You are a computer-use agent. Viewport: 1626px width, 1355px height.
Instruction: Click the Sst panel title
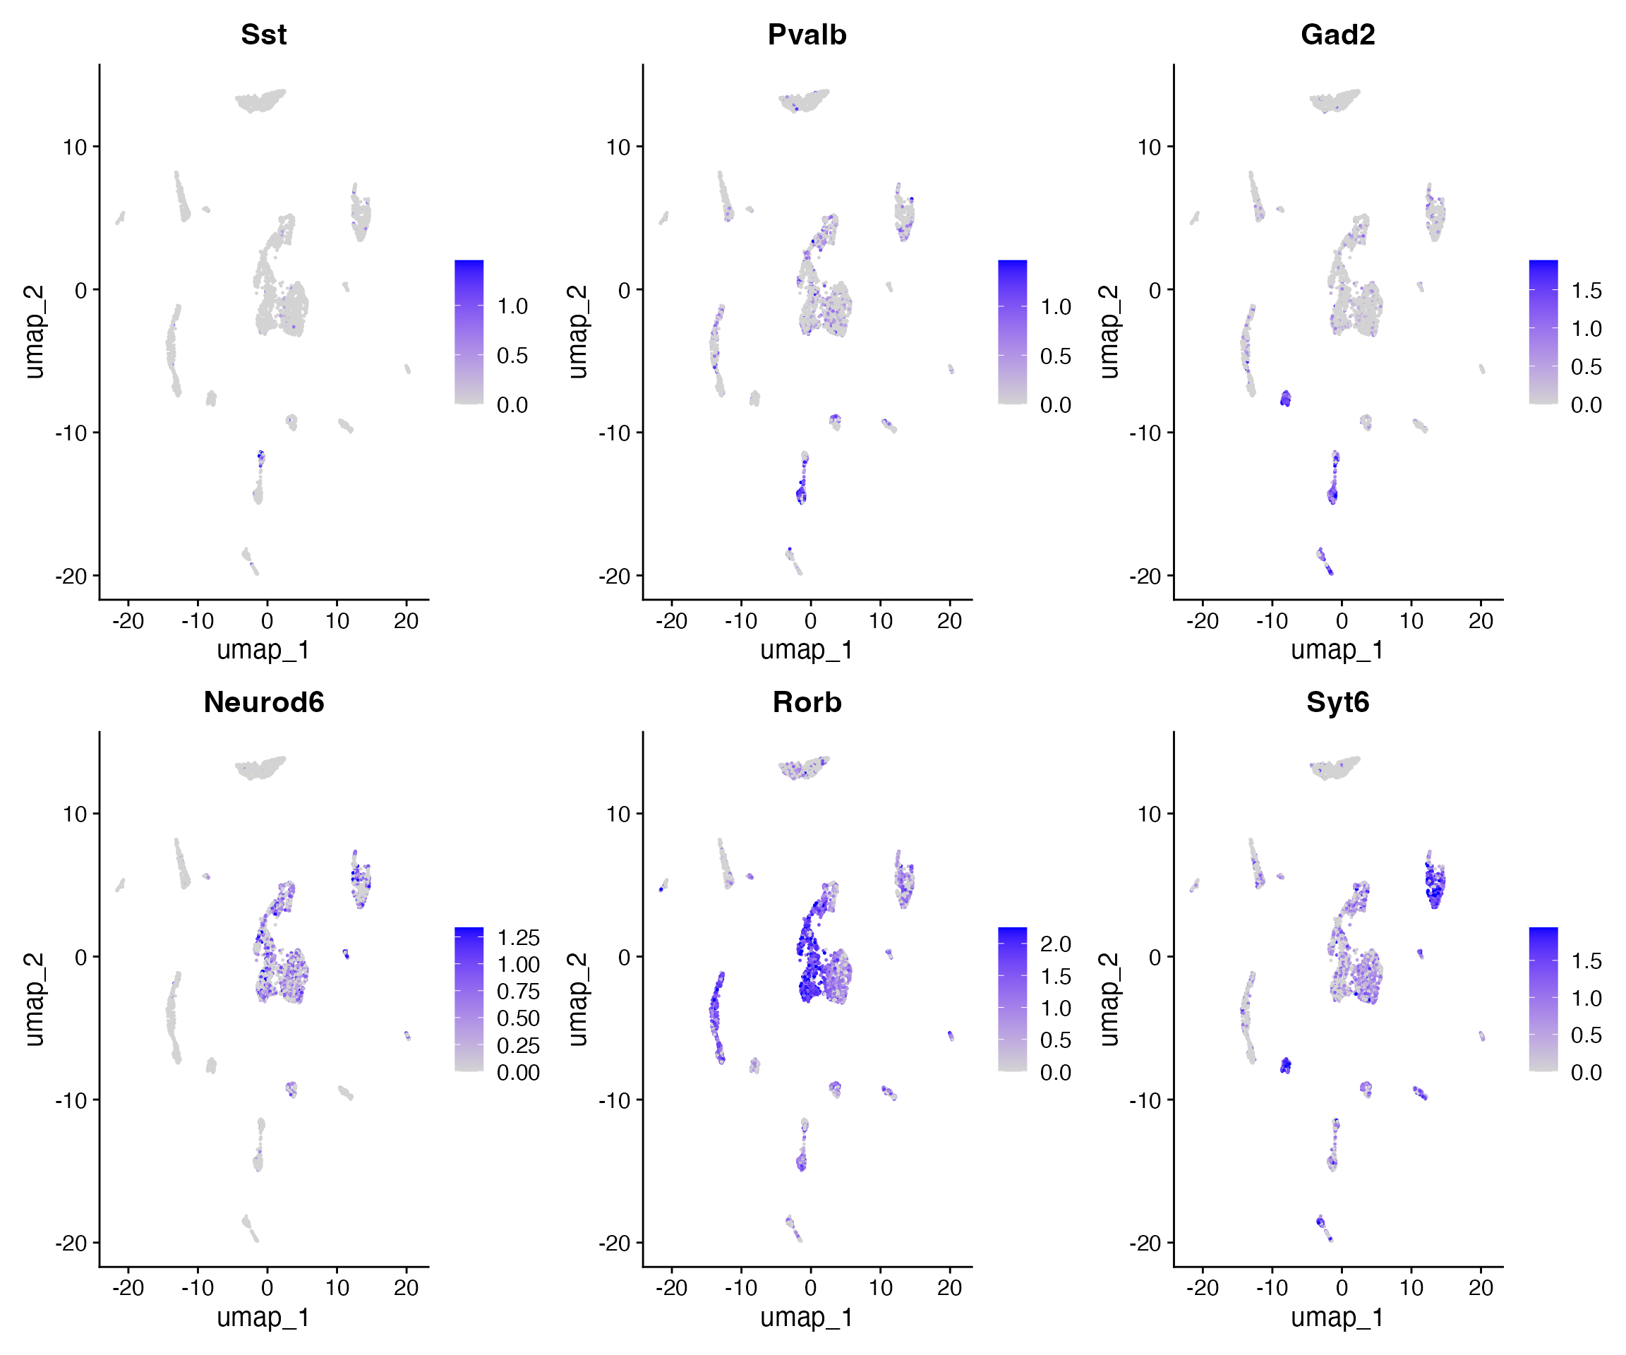[263, 35]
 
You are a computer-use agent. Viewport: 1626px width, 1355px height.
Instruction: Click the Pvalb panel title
[807, 35]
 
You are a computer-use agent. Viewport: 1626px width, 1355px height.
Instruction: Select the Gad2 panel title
[1337, 35]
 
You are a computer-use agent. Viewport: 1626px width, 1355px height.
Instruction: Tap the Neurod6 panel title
[263, 702]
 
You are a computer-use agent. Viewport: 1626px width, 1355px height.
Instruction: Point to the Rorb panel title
[807, 702]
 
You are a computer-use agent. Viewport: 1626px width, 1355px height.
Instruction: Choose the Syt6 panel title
[1337, 702]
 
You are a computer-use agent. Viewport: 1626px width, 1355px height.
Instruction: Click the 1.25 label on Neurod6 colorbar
[518, 938]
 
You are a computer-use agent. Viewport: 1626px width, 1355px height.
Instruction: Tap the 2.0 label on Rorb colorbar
[1055, 944]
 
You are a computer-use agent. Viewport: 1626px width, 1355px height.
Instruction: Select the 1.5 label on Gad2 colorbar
[1586, 291]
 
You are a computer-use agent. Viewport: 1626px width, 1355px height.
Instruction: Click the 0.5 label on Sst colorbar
[512, 356]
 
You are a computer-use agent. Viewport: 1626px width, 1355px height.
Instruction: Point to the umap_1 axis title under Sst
[263, 650]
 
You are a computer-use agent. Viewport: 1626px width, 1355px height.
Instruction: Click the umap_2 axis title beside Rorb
[577, 999]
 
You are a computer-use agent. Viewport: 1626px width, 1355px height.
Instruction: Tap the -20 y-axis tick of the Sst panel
[71, 576]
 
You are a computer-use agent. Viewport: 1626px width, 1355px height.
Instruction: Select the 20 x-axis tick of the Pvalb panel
[949, 621]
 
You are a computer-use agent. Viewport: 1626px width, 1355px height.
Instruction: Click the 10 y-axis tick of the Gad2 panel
[1149, 147]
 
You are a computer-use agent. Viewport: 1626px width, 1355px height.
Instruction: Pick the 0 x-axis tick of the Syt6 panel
[1342, 1289]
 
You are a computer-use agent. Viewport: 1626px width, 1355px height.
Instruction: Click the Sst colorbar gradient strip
[469, 332]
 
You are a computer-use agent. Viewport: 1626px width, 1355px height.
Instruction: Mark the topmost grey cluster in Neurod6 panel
[260, 769]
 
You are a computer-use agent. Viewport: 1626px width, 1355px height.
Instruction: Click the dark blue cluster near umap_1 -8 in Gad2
[1285, 399]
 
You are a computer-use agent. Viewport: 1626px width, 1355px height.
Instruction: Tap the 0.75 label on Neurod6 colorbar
[518, 992]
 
